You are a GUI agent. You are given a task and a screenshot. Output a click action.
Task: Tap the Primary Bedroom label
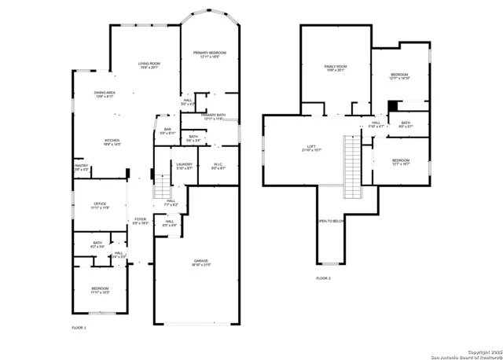click(x=210, y=54)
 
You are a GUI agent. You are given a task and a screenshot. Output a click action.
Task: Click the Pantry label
click(x=82, y=167)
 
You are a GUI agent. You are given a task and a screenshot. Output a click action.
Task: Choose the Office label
click(x=100, y=205)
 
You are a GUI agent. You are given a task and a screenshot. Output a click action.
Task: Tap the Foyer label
click(x=140, y=221)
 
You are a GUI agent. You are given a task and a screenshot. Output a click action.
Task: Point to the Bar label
click(x=167, y=130)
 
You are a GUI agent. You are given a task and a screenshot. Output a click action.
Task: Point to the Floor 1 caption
click(x=79, y=327)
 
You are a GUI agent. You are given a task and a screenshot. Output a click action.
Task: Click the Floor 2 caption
click(x=324, y=278)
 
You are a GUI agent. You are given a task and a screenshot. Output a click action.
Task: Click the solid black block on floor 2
click(x=394, y=105)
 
